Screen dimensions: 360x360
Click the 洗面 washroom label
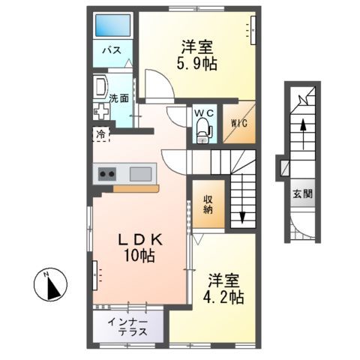tap(118, 97)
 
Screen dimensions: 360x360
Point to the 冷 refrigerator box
tap(100, 135)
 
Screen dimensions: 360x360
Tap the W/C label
tap(203, 113)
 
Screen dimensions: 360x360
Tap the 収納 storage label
tap(208, 205)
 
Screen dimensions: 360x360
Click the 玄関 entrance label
tap(304, 192)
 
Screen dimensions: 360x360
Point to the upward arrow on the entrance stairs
tap(303, 129)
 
